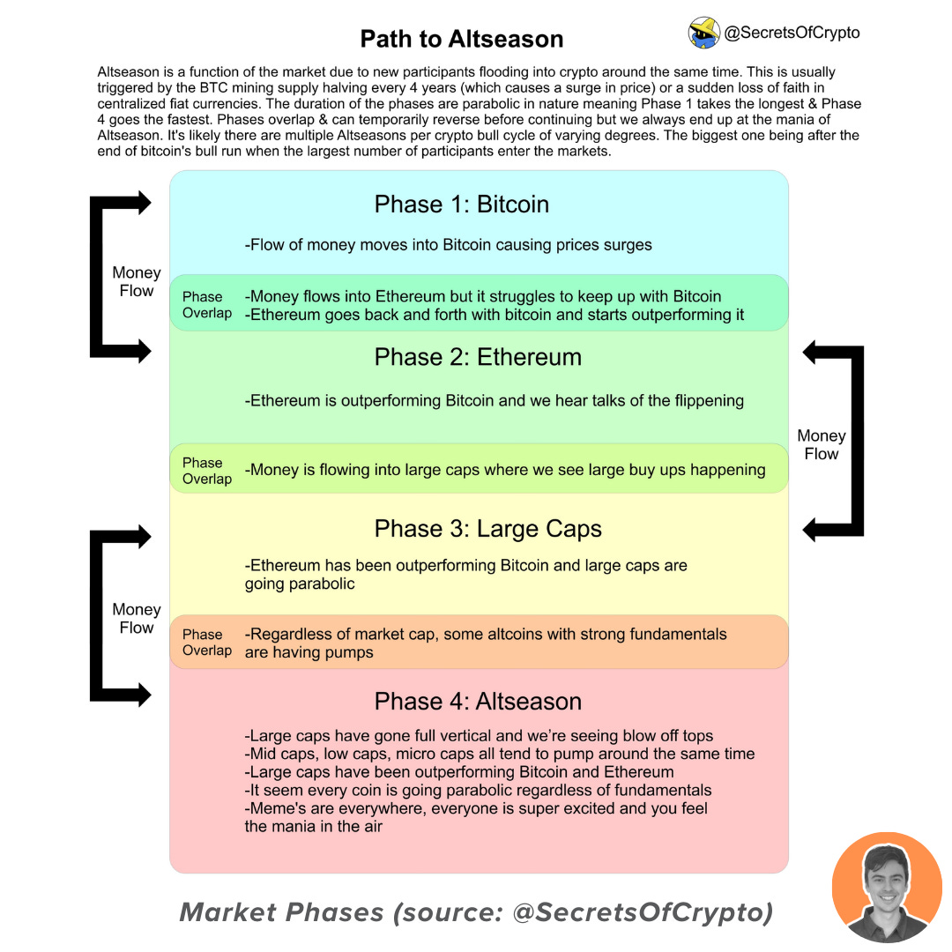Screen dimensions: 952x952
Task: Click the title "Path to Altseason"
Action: click(x=461, y=39)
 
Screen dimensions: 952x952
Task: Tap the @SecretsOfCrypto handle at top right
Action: click(x=791, y=33)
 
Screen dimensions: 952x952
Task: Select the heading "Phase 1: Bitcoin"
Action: click(x=461, y=205)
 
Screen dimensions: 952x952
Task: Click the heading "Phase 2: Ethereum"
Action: click(x=478, y=357)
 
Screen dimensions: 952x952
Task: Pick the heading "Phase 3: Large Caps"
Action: click(x=487, y=529)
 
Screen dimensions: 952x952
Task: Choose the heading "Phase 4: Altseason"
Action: click(x=478, y=702)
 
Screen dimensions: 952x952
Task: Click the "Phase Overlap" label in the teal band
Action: click(x=206, y=305)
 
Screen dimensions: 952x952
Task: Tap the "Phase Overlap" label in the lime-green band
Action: click(x=206, y=471)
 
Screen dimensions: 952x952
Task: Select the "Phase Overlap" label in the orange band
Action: click(x=206, y=643)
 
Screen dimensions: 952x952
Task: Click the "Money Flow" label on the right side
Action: click(x=821, y=445)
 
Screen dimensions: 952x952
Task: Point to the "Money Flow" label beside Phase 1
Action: click(x=136, y=282)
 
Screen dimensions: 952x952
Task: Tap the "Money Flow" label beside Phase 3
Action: click(x=136, y=619)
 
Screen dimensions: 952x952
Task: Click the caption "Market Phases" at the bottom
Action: click(x=283, y=913)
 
